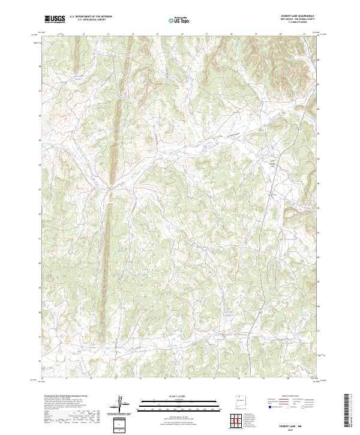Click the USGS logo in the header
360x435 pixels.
click(x=55, y=19)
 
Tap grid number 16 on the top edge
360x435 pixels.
click(x=182, y=35)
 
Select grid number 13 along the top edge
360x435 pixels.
click(x=108, y=35)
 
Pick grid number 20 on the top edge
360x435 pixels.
click(x=281, y=35)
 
